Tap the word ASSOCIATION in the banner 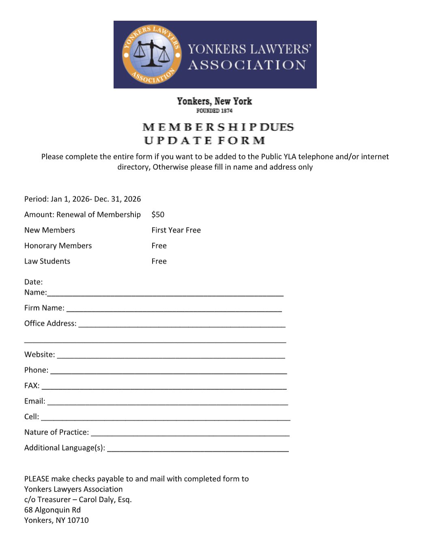pos(247,65)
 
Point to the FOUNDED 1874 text pos(214,111)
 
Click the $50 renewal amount pos(158,215)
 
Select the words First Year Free pos(176,230)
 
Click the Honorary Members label pos(58,246)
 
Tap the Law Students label pos(47,261)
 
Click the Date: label pos(33,282)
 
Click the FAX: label pos(32,386)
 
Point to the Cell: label pos(32,417)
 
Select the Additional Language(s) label pos(64,448)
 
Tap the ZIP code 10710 pos(78,520)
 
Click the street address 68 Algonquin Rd pos(52,510)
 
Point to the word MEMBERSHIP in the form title pos(199,127)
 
